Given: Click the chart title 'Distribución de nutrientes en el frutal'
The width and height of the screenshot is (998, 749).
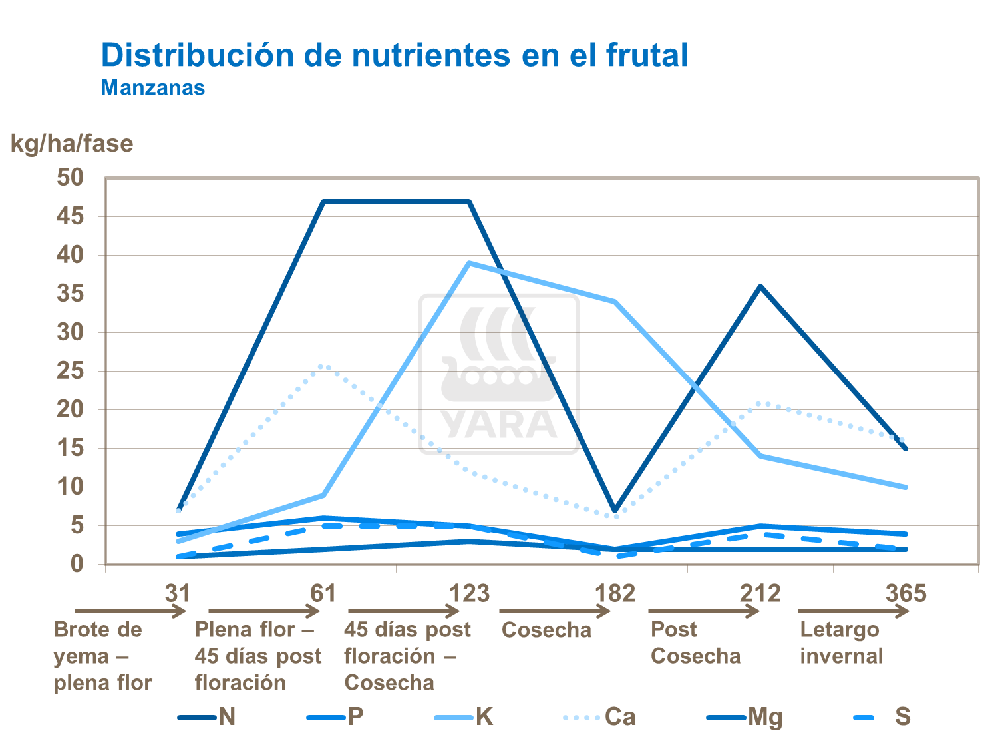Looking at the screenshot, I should (x=394, y=55).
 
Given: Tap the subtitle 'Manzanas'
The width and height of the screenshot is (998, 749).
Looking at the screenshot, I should (x=152, y=88).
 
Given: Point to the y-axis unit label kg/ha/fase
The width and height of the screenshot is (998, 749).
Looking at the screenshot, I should (x=72, y=144).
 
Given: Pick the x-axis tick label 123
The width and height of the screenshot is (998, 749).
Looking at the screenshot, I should (x=469, y=593).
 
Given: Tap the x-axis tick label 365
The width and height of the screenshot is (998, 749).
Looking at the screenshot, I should (x=906, y=593).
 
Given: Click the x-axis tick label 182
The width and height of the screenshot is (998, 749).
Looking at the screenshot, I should (x=615, y=593).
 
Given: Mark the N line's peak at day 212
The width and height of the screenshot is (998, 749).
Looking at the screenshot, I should (x=760, y=286).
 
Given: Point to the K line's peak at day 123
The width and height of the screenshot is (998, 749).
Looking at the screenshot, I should (x=469, y=263).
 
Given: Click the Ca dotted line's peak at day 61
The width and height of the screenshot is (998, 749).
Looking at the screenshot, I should (x=323, y=366).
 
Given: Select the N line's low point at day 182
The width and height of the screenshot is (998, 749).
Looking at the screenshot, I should (x=615, y=510).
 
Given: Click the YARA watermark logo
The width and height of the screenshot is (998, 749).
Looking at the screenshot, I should (x=499, y=375).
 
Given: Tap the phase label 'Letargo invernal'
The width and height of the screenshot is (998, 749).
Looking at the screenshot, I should (x=841, y=642).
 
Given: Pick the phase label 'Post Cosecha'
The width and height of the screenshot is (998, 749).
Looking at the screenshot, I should (x=695, y=642).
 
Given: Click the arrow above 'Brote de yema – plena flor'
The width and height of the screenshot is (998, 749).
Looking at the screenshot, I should (x=130, y=611).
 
